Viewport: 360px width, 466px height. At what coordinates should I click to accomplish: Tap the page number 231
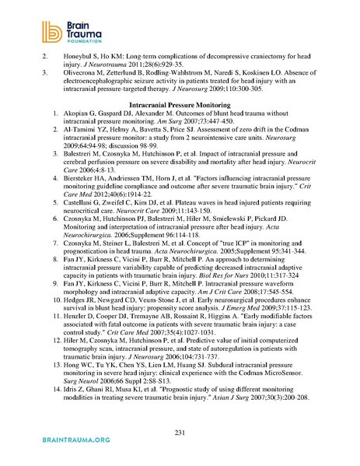coord(179,432)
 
